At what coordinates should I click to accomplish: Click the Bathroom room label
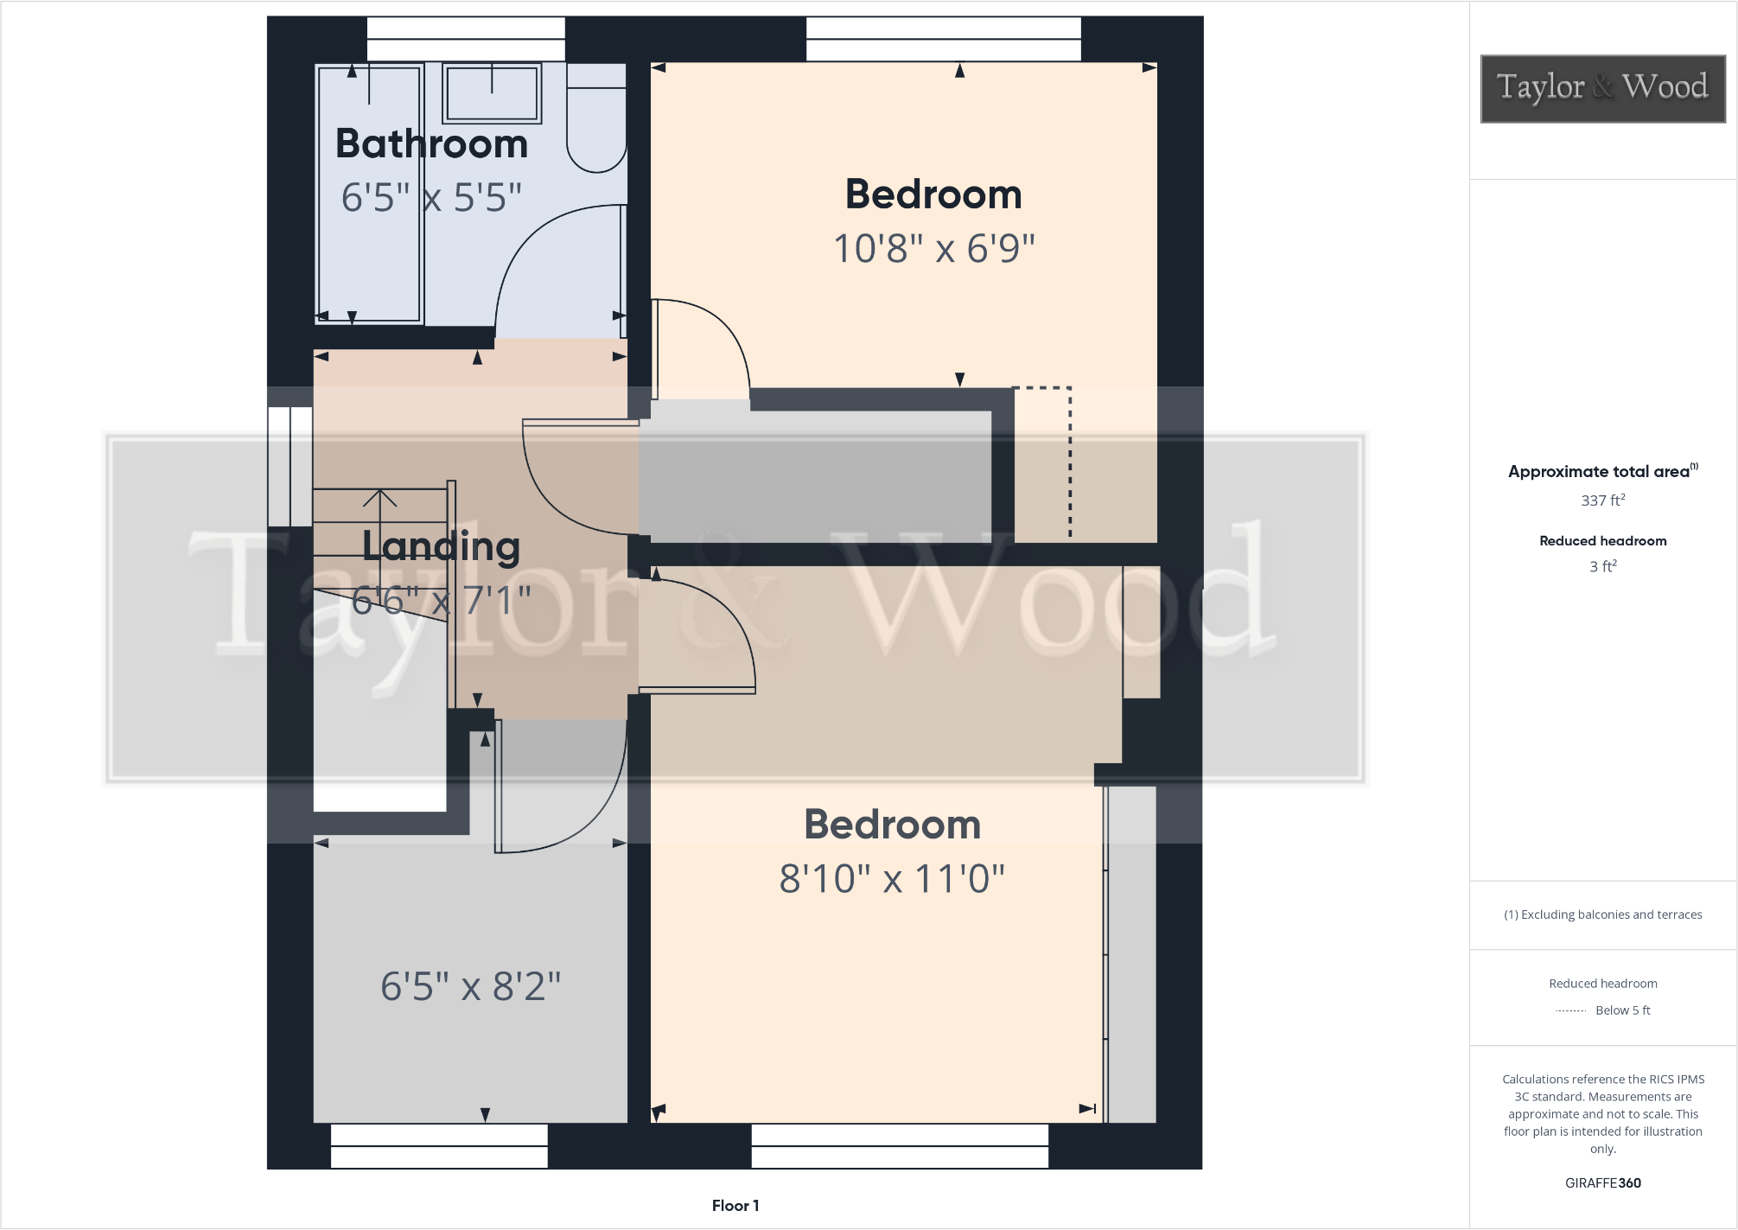point(431,143)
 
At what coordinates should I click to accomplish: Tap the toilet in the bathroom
point(596,121)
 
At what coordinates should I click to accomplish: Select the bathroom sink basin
point(492,92)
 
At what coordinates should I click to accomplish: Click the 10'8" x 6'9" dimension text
point(933,249)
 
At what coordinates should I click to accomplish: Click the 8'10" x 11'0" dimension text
point(892,879)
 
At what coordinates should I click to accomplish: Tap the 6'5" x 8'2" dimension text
point(470,986)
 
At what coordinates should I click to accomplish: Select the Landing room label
point(441,546)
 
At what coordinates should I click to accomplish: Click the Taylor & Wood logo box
point(1602,88)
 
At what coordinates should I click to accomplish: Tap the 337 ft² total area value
point(1602,500)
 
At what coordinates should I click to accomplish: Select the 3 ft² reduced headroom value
point(1602,566)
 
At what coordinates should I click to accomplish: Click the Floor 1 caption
point(735,1205)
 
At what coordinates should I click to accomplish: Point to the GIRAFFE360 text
point(1602,1182)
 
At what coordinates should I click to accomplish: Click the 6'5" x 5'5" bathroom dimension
point(431,198)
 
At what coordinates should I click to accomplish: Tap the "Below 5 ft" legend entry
point(1621,1010)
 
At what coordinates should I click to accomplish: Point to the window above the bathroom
point(466,39)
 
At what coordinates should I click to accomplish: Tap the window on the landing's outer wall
point(290,467)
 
